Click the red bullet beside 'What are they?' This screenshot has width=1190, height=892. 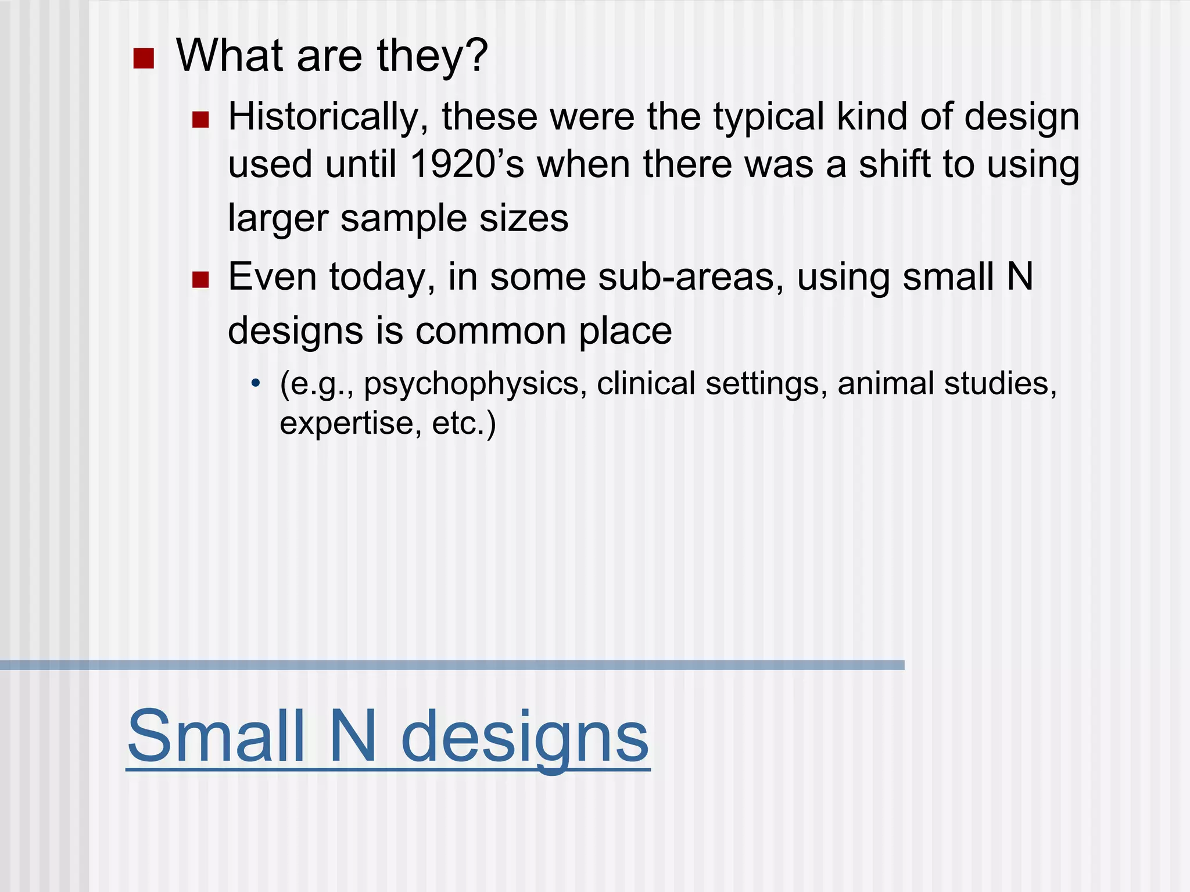point(143,59)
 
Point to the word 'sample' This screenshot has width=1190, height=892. point(403,219)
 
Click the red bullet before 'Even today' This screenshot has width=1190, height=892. point(200,280)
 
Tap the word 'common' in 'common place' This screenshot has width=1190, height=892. point(490,331)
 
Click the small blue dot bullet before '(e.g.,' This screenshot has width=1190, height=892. point(255,383)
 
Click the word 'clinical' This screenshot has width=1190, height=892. point(646,384)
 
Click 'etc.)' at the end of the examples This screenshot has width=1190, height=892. point(464,423)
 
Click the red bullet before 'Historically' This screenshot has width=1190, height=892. point(200,120)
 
